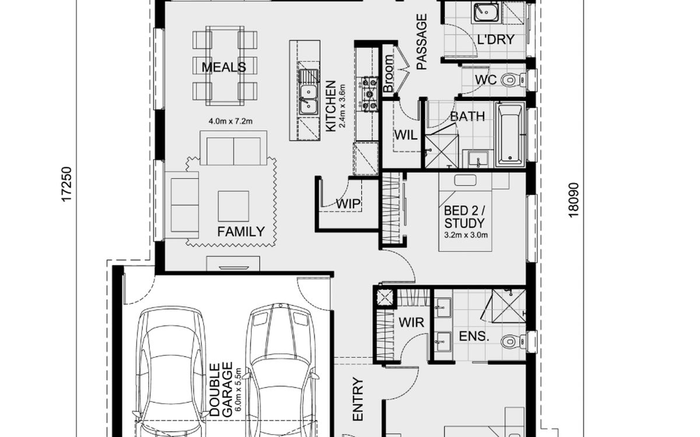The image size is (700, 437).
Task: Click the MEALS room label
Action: tap(224, 67)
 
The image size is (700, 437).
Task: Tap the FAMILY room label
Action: tap(241, 232)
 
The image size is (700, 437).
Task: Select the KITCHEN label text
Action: tap(331, 106)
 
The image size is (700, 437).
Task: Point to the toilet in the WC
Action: tap(513, 80)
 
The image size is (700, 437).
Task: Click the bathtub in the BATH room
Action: tap(510, 134)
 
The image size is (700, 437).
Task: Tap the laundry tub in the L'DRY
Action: tap(487, 12)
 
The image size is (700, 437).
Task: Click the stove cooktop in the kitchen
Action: tap(369, 94)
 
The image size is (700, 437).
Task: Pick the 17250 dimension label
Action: tap(67, 185)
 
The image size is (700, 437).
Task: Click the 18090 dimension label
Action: tap(573, 200)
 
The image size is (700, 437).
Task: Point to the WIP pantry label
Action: tap(348, 204)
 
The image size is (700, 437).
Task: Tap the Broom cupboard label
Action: tap(388, 73)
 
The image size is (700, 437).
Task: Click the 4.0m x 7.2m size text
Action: tap(230, 121)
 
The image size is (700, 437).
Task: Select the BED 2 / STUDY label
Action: tap(464, 217)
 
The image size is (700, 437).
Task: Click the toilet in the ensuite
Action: tap(513, 341)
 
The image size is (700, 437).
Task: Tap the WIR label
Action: tap(411, 322)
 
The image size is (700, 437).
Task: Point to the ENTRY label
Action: tap(358, 399)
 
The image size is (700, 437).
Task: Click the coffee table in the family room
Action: tap(233, 206)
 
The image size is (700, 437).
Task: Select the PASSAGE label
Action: tap(422, 41)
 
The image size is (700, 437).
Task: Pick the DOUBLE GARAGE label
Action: tap(221, 390)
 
